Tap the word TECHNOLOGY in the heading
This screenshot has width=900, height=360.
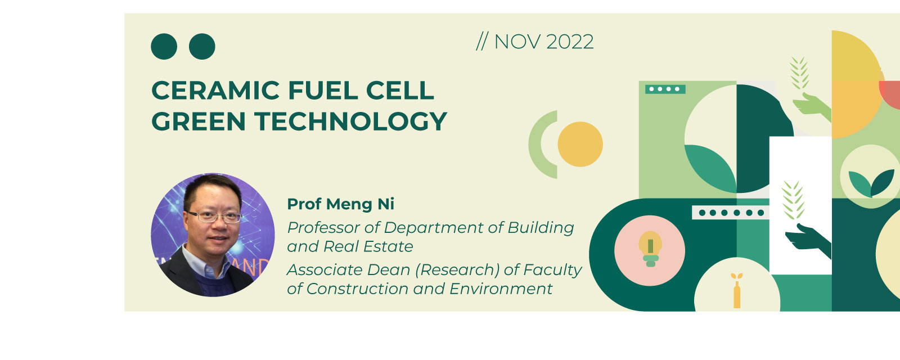[x=351, y=121]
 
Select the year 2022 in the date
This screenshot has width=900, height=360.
[x=570, y=42]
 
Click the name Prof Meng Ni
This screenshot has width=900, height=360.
[x=341, y=204]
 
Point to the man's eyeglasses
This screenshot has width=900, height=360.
[x=215, y=217]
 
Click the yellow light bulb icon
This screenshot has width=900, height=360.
[x=650, y=249]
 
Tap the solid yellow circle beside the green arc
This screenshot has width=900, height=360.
[x=580, y=144]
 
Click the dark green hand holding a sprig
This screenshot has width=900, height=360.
[x=808, y=240]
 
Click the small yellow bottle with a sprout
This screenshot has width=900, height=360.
[x=737, y=290]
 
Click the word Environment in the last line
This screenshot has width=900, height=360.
[x=501, y=289]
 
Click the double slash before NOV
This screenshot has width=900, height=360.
[x=482, y=42]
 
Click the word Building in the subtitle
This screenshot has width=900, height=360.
[x=541, y=228]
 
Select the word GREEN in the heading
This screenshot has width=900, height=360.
[x=199, y=121]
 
